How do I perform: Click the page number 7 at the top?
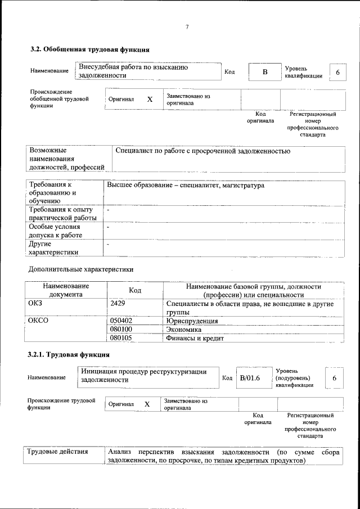(x=187, y=28)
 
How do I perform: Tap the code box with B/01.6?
(x=250, y=379)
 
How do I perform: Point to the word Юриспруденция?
(x=192, y=321)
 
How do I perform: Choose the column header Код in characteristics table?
(x=135, y=290)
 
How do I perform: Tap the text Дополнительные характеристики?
(x=81, y=269)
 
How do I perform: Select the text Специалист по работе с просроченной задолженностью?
(x=202, y=151)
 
